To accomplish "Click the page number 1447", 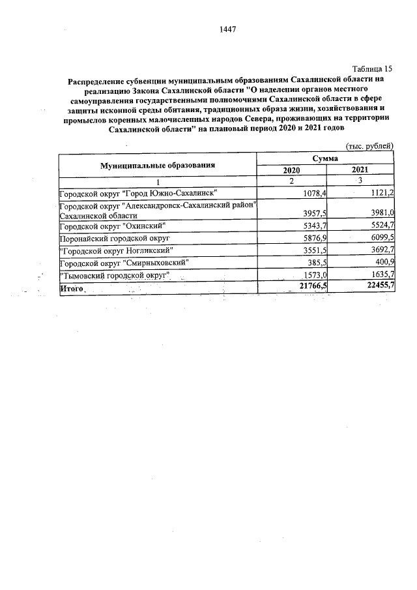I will (x=228, y=29).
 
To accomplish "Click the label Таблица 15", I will (x=373, y=69).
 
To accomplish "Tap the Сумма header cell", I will (x=325, y=159).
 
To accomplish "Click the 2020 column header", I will (x=291, y=170).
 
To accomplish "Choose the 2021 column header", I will (x=360, y=170).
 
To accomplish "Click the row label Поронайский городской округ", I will (x=115, y=238).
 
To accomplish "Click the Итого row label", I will (x=72, y=288).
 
